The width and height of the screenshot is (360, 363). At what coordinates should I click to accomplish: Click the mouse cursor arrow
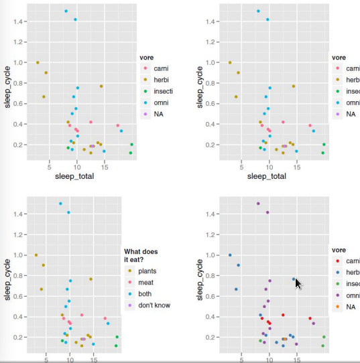tap(298, 283)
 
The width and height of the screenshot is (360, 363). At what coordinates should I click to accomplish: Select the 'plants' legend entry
tap(147, 271)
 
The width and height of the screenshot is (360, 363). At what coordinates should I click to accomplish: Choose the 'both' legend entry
tap(145, 293)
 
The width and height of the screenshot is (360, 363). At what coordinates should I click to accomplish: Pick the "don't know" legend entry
tap(154, 305)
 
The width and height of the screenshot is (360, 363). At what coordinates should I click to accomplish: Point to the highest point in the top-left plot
tap(66, 11)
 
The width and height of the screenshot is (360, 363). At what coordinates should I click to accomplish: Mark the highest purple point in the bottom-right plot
tap(258, 204)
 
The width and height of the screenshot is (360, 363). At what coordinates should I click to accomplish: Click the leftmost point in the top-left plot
tap(38, 62)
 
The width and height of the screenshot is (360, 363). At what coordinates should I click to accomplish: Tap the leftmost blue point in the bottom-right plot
tap(230, 255)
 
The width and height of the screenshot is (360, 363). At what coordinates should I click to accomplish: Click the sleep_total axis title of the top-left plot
tap(75, 176)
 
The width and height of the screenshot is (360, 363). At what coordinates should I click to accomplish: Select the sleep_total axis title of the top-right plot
tap(267, 176)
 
